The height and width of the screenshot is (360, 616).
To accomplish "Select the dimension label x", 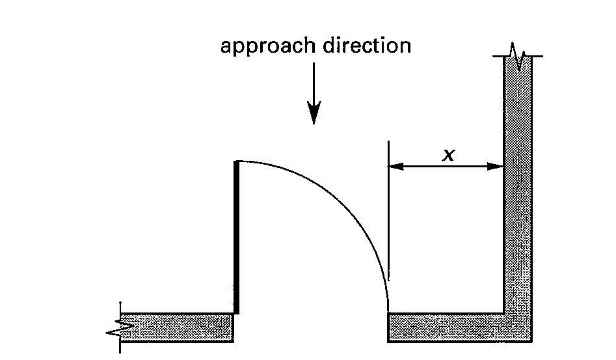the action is (447, 154).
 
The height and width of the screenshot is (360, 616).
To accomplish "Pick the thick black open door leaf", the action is (236, 238).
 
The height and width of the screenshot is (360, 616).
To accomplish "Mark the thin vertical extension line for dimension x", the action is (388, 215).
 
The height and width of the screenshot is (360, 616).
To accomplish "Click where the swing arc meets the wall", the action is (388, 311).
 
